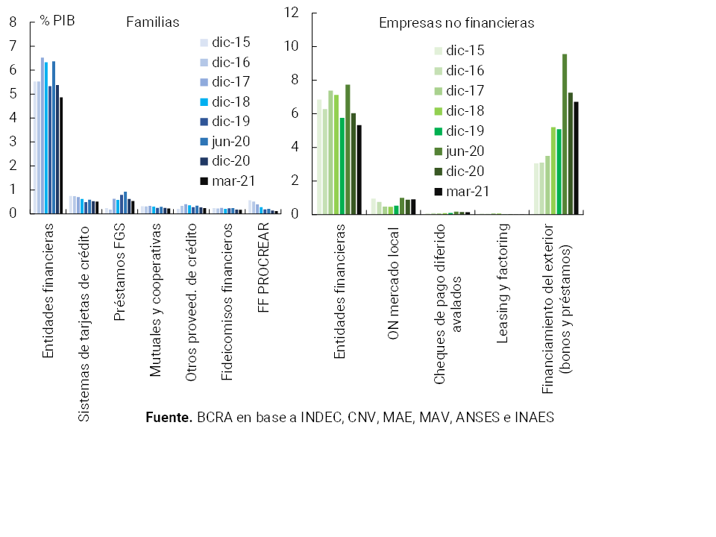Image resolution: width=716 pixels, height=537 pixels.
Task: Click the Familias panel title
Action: tap(152, 22)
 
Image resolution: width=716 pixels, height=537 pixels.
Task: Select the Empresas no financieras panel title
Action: tap(456, 23)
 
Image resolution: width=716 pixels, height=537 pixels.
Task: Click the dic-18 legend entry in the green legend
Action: tap(465, 111)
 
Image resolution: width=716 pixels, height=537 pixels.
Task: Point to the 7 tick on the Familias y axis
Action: tap(13, 46)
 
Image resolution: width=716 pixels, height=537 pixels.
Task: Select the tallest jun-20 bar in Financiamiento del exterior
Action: tap(565, 134)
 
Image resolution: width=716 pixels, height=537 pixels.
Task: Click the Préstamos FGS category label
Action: tap(119, 269)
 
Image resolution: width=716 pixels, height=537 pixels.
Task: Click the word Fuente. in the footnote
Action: tap(169, 418)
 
